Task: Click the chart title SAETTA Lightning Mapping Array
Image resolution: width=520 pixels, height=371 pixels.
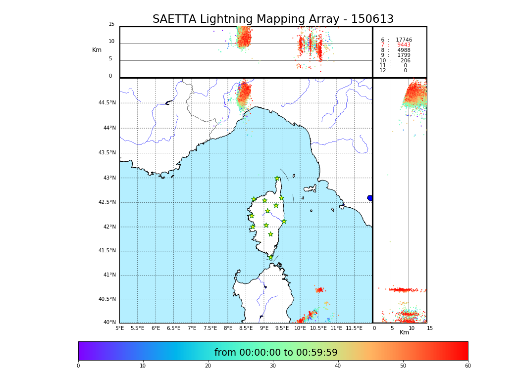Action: pyautogui.click(x=273, y=19)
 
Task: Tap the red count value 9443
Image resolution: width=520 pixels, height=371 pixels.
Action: pyautogui.click(x=404, y=45)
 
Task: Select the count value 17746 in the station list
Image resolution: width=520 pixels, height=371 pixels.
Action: pyautogui.click(x=404, y=40)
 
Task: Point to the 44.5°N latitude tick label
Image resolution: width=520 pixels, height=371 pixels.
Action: pyautogui.click(x=107, y=103)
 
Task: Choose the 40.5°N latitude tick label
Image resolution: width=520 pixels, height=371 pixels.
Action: pyautogui.click(x=107, y=299)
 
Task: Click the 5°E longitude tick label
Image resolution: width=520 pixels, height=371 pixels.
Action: pyautogui.click(x=120, y=328)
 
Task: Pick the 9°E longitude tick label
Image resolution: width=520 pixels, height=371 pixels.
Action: pyautogui.click(x=264, y=328)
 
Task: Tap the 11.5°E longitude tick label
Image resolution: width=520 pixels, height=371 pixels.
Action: pyautogui.click(x=354, y=328)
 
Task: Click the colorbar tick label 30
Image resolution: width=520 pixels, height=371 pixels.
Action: pyautogui.click(x=273, y=366)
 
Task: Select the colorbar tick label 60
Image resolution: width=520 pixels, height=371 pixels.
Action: pyautogui.click(x=468, y=366)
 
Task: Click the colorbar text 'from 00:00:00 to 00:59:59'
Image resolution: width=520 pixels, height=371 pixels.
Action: pyautogui.click(x=276, y=353)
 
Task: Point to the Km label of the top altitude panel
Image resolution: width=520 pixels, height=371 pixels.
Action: pyautogui.click(x=97, y=50)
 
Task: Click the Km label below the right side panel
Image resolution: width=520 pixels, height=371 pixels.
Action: pyautogui.click(x=404, y=332)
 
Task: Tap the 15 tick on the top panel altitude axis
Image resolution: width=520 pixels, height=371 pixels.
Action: pyautogui.click(x=111, y=24)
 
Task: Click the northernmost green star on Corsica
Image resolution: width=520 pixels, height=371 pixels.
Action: pyautogui.click(x=277, y=179)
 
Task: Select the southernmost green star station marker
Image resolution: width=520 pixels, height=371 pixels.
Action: pyautogui.click(x=270, y=257)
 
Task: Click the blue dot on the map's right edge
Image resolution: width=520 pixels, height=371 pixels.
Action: pyautogui.click(x=370, y=198)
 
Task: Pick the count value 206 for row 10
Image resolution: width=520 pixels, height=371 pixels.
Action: pyautogui.click(x=405, y=61)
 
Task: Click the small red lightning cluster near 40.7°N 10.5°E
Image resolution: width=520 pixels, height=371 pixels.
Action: pyautogui.click(x=319, y=290)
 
